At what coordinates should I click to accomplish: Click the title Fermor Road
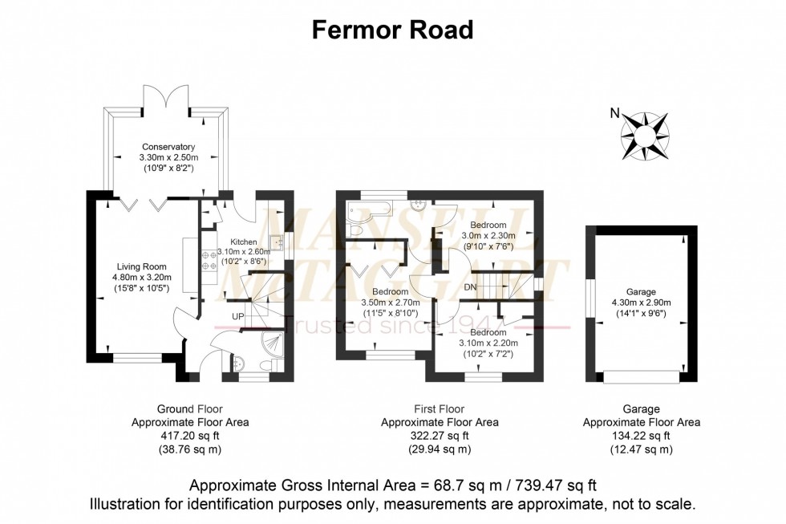pos(392,30)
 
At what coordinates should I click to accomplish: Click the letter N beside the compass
pos(614,113)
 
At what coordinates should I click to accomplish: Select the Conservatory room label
pos(168,147)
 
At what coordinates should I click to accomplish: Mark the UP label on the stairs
pos(238,317)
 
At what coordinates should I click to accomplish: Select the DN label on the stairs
pos(472,286)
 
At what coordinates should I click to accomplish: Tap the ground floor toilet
pos(273,365)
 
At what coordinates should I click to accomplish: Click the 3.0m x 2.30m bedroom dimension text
pos(487,237)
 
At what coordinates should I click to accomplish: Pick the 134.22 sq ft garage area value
pos(641,435)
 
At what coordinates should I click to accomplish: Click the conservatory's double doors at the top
pos(167,97)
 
